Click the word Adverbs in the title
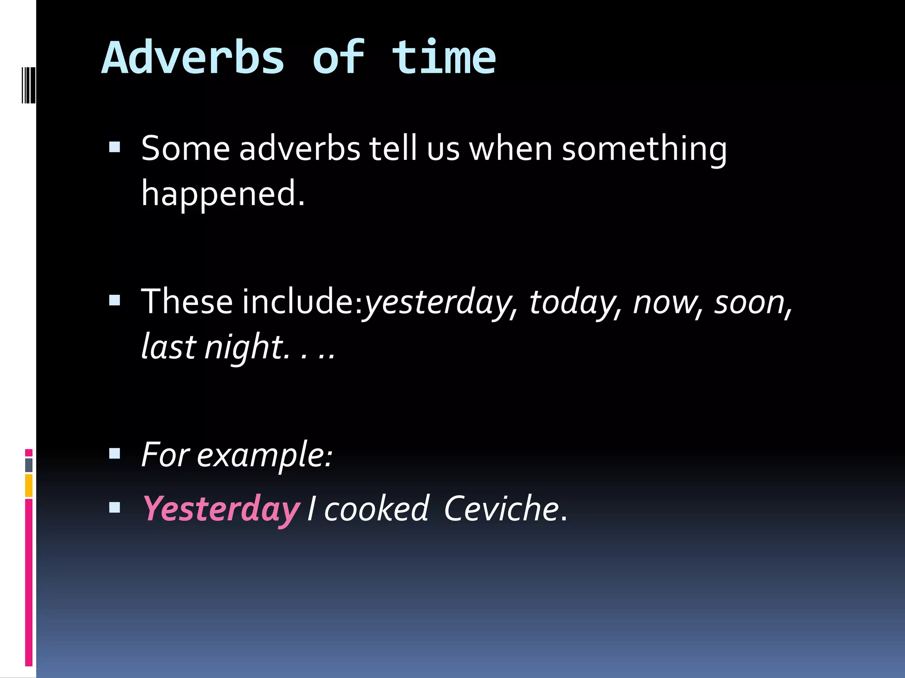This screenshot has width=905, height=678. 193,58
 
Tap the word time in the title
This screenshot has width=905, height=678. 444,58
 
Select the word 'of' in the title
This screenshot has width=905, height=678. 338,58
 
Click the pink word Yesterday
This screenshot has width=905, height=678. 221,509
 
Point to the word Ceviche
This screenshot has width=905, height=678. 501,509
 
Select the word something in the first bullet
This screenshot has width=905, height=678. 644,149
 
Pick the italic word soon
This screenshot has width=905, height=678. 749,303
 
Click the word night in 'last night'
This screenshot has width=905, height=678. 243,348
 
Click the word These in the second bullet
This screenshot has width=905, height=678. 186,302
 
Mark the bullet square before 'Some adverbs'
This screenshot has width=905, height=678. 114,147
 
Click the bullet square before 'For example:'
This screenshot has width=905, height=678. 114,453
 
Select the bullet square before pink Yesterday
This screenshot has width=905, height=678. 114,508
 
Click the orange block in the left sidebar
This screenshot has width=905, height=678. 29,486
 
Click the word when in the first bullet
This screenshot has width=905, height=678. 510,149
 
